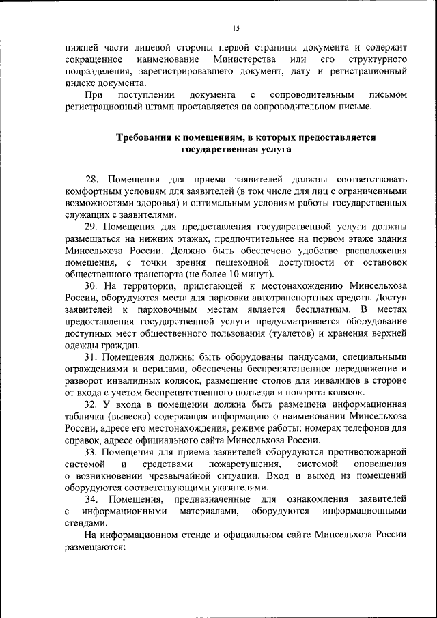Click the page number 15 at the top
[x=236, y=28]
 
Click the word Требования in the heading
[x=145, y=137]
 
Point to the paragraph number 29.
[x=91, y=225]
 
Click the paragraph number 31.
[x=91, y=358]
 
